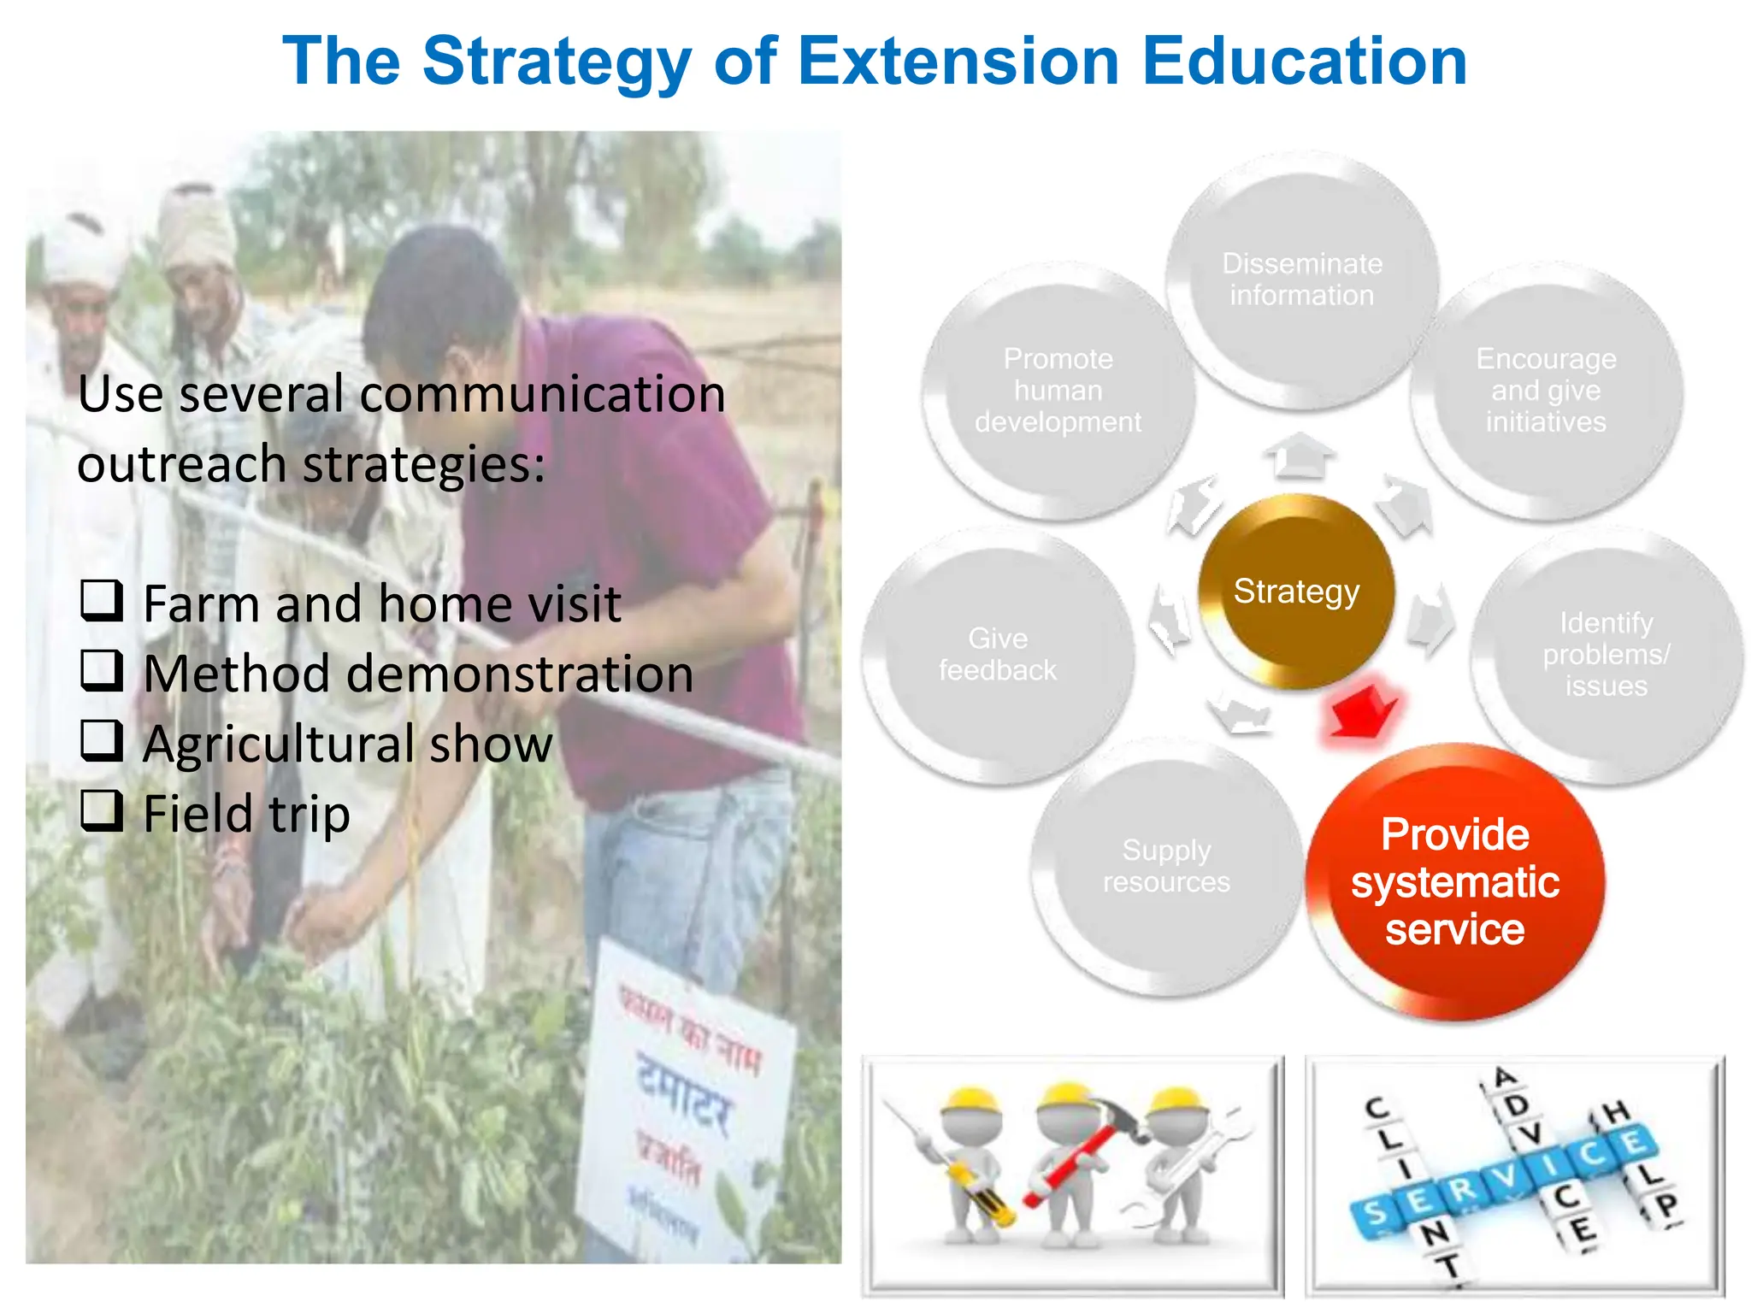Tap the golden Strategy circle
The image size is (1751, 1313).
(1296, 592)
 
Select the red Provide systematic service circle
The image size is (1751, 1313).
(1455, 882)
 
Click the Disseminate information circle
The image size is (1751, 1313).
(1301, 280)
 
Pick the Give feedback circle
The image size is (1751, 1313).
(998, 655)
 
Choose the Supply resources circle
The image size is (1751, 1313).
(1166, 867)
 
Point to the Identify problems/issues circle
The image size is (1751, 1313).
(1606, 655)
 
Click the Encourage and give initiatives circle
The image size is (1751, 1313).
(1546, 391)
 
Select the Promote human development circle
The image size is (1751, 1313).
(1058, 391)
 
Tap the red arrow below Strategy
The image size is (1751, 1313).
(1362, 709)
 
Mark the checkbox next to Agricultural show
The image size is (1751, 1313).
(102, 740)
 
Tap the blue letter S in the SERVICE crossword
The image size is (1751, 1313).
(1375, 1214)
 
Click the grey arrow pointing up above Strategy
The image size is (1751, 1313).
(1300, 455)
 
